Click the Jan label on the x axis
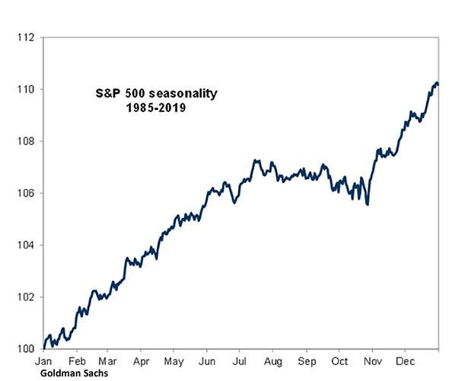[x=44, y=360]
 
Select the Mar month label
[x=108, y=360]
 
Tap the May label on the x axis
[x=174, y=360]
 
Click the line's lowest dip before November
[x=368, y=204]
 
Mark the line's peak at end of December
[x=436, y=82]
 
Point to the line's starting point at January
[x=44, y=347]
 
